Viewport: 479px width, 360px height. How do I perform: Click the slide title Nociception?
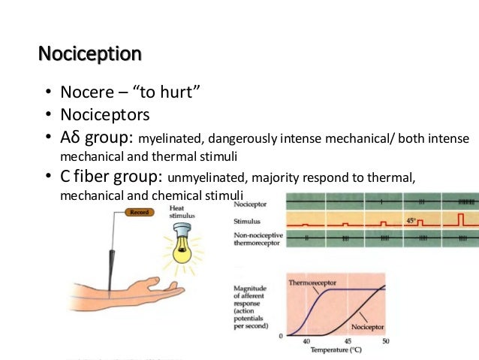(89, 54)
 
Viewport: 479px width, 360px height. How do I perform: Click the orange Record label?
(140, 213)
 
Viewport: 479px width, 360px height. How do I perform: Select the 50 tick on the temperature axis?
(386, 340)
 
